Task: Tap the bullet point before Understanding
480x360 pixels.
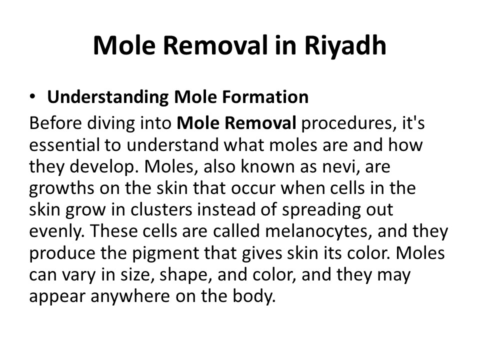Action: (x=33, y=96)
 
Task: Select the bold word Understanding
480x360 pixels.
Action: (x=107, y=97)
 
